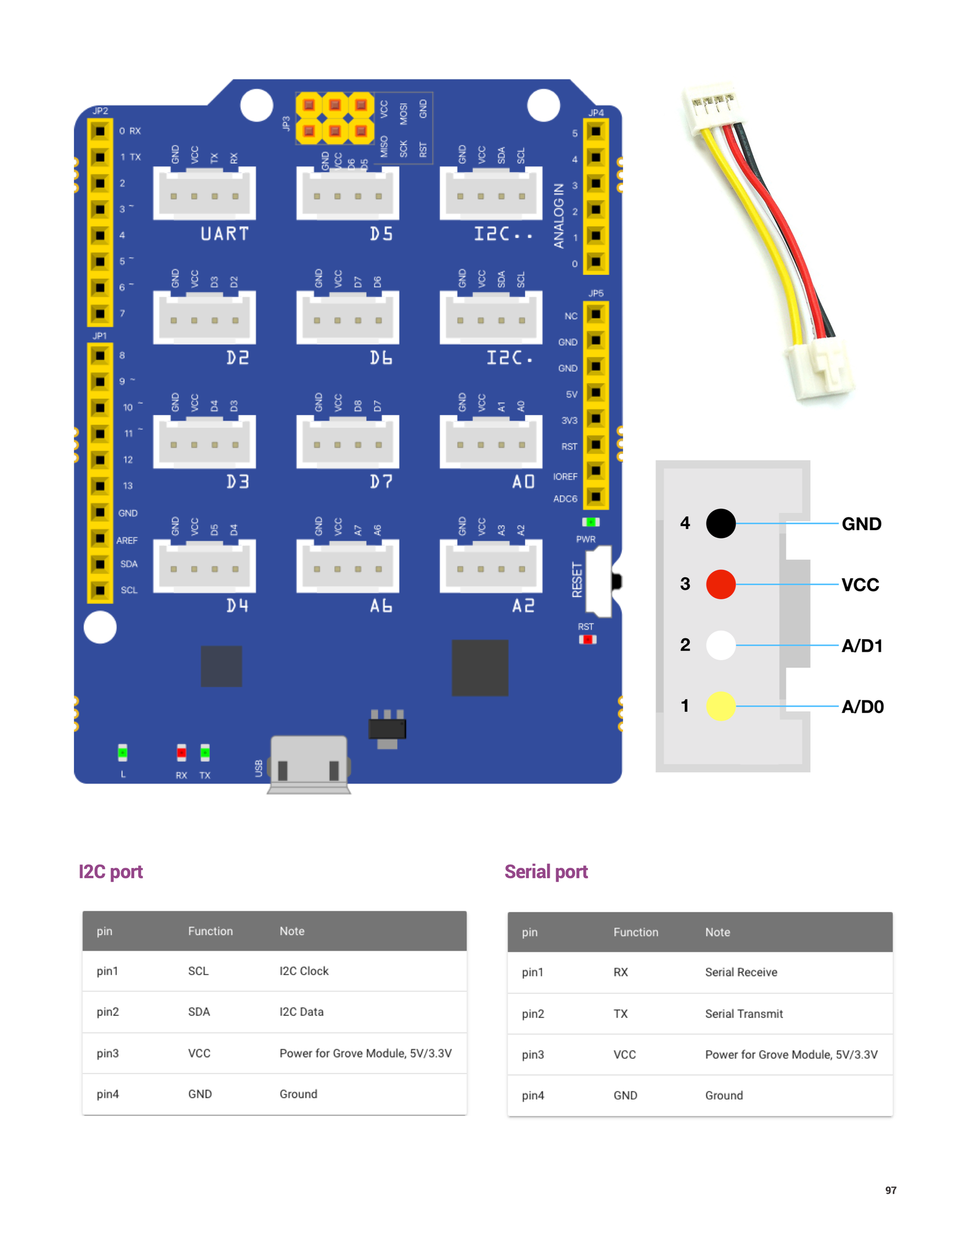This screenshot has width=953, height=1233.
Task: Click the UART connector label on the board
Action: point(224,233)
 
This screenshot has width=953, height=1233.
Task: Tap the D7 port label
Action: point(381,481)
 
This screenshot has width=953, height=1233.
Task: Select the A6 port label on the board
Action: point(381,606)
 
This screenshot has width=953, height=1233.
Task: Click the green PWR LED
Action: point(590,522)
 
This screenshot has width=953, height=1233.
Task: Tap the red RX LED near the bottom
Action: point(181,753)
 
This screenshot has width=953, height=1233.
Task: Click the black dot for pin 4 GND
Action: point(721,524)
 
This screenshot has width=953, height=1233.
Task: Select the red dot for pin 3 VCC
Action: point(721,584)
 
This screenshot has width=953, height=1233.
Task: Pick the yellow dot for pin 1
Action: point(721,706)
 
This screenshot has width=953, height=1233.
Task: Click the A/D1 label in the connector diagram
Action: point(861,646)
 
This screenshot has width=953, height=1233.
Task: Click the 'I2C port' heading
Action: point(111,872)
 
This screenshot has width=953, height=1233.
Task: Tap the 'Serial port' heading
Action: point(546,872)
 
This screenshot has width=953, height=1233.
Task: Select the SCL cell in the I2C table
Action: point(198,971)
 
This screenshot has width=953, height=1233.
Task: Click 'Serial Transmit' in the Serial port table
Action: point(744,1014)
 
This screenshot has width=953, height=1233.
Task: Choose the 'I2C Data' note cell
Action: point(301,1011)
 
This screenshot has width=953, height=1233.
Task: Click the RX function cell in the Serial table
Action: point(621,972)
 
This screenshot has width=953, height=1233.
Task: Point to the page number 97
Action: point(890,1190)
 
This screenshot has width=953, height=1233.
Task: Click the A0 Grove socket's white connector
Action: point(491,441)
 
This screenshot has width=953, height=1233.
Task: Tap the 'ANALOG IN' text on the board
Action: point(559,215)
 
